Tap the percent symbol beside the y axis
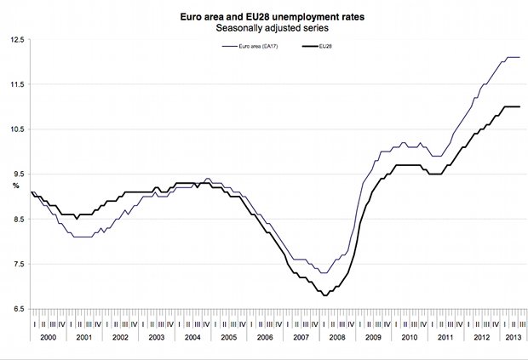(14, 185)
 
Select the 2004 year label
(192, 339)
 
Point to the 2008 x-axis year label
(337, 339)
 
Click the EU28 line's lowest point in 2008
(325, 295)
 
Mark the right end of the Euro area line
(519, 57)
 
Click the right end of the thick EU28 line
(519, 106)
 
